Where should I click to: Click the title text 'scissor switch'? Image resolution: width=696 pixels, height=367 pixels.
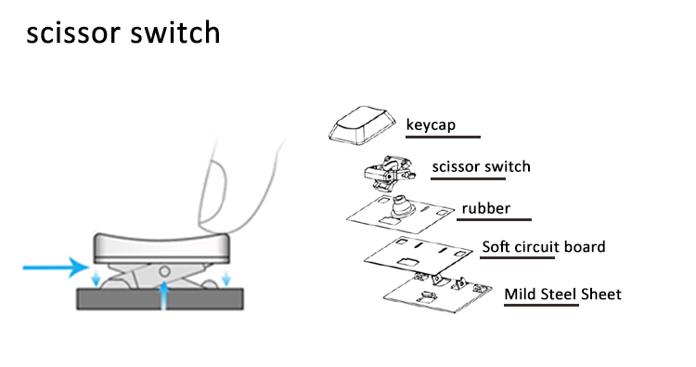122,33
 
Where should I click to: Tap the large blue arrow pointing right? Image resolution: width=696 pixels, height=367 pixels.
56,267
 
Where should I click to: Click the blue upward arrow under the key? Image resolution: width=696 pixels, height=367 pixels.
164,295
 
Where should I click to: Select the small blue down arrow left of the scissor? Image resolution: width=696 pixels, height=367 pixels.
96,277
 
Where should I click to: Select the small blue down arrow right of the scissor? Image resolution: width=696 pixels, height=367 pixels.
226,277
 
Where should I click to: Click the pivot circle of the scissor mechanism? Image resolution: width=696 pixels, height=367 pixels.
164,270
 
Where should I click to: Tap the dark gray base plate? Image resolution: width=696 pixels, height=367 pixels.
161,299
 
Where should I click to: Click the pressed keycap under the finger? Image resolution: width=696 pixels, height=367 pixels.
161,248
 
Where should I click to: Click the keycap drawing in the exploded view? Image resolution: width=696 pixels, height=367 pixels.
362,125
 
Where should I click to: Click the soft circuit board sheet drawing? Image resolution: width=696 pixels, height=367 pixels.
419,256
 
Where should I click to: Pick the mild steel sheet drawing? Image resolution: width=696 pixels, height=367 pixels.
438,292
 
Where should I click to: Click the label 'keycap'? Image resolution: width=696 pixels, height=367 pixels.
431,125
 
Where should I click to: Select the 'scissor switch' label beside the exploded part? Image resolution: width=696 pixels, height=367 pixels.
481,166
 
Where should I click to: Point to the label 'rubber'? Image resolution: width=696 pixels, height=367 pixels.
486,208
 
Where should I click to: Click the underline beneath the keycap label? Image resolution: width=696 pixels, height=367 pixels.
443,137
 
